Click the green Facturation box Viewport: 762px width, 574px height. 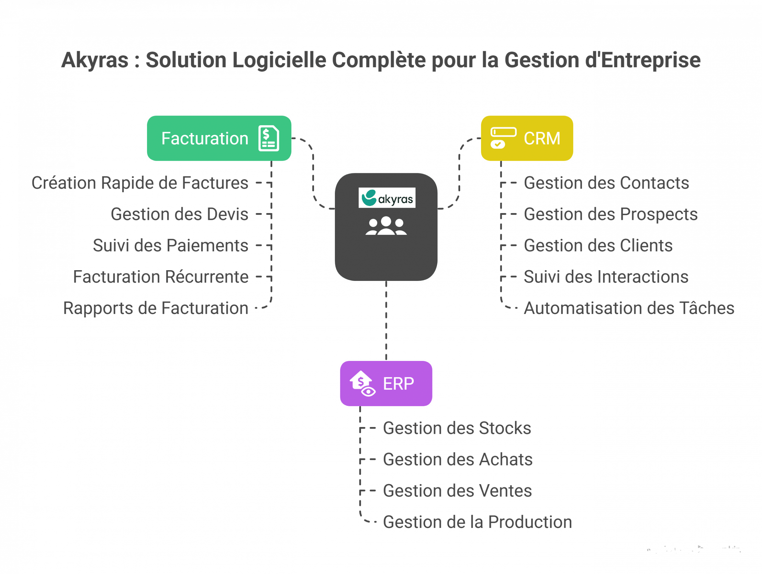click(219, 138)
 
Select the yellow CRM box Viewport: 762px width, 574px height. click(527, 138)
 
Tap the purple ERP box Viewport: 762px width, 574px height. click(386, 383)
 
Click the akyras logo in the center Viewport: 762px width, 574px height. click(387, 198)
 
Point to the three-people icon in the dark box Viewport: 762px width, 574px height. click(386, 226)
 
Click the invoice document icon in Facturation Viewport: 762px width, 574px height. click(269, 138)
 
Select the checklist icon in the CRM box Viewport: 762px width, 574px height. click(503, 138)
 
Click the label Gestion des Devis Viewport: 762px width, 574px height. click(179, 215)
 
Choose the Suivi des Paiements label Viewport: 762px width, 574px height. click(170, 246)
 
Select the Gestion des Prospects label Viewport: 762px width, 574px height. click(610, 215)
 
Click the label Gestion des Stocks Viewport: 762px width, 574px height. click(457, 428)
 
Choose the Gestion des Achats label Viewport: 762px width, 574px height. click(458, 460)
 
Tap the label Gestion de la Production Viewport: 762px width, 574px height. click(477, 522)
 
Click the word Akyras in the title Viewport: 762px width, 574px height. click(95, 61)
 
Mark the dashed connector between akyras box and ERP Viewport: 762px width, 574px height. click(386, 320)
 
